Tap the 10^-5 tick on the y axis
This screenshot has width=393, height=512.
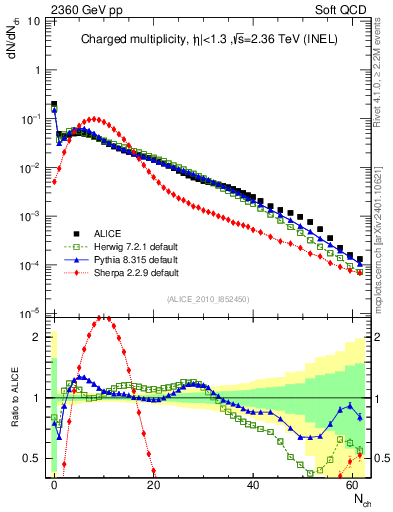click(x=32, y=313)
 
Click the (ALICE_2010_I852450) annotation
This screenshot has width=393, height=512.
click(x=207, y=296)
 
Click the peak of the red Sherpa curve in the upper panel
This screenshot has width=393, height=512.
click(x=94, y=119)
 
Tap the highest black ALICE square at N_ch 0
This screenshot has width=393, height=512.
click(x=54, y=103)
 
